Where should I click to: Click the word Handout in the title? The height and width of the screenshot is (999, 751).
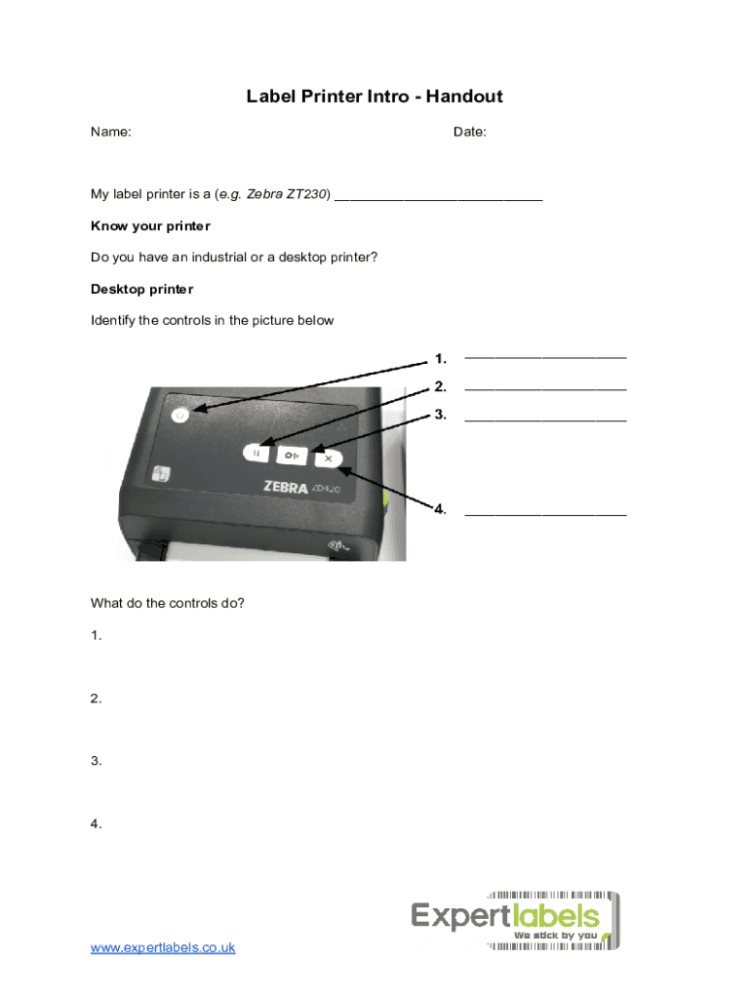[461, 97]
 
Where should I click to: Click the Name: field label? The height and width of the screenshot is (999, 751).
[111, 132]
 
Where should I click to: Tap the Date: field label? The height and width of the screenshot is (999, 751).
[470, 132]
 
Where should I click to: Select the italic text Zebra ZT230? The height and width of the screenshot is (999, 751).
[288, 194]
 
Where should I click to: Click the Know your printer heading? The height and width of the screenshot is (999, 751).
[150, 226]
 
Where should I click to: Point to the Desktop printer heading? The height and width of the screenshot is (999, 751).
[141, 289]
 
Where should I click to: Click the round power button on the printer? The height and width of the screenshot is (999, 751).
[178, 415]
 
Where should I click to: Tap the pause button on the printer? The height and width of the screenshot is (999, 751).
[257, 454]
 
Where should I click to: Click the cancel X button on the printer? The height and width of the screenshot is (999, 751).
[329, 456]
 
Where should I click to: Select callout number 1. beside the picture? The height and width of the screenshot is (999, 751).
[441, 358]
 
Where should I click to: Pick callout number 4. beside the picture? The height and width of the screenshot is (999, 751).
[441, 509]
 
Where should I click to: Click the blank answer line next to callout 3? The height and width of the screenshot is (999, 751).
[545, 420]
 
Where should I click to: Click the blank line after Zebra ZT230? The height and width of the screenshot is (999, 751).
[438, 197]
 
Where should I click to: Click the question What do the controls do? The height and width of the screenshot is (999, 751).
[168, 603]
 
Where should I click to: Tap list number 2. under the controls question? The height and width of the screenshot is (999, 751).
[97, 699]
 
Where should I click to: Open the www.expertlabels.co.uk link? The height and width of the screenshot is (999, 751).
[163, 947]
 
